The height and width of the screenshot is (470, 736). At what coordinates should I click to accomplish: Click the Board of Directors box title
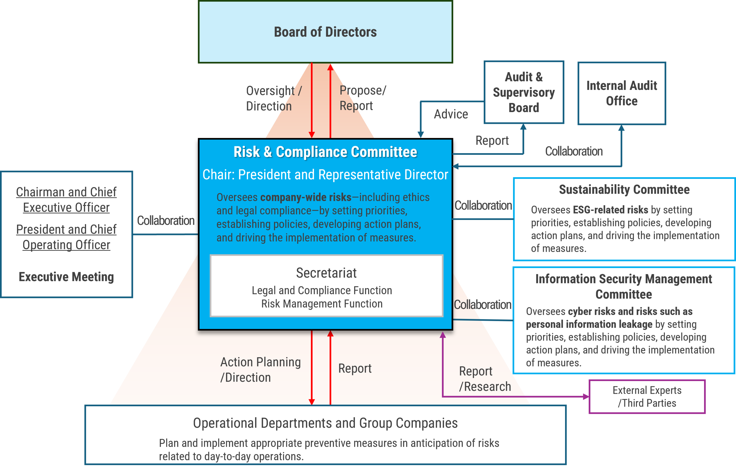[x=325, y=32]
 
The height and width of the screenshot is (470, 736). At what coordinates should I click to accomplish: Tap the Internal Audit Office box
[x=621, y=93]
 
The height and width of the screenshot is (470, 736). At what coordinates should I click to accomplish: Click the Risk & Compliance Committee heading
[x=325, y=152]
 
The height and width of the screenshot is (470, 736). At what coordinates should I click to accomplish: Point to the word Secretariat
[x=326, y=273]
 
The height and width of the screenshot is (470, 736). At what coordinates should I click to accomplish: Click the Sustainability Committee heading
[x=624, y=190]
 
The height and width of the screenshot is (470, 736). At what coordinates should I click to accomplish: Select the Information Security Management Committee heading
[x=624, y=286]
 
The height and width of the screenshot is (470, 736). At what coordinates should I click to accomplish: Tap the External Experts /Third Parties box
[x=647, y=397]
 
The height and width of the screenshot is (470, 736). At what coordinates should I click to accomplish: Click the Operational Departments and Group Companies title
[x=325, y=423]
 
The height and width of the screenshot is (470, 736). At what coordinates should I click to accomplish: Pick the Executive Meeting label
[x=66, y=277]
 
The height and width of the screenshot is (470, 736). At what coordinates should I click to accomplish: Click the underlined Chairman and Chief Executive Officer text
[x=66, y=200]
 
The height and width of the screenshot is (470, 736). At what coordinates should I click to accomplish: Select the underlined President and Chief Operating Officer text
[x=66, y=237]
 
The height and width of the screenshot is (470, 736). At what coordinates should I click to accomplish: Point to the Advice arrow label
[x=451, y=114]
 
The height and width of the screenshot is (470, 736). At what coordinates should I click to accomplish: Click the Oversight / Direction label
[x=274, y=98]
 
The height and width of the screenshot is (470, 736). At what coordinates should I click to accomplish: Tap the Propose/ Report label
[x=362, y=98]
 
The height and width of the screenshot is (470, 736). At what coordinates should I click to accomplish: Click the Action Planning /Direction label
[x=260, y=370]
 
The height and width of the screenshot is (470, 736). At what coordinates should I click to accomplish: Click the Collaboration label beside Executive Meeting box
[x=166, y=220]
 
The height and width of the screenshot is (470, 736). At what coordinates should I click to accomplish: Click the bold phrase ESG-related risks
[x=610, y=210]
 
